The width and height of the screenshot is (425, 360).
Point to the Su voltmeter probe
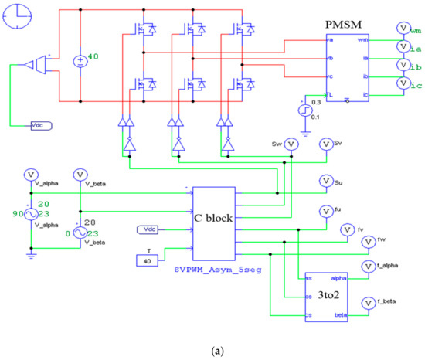coord(325,182)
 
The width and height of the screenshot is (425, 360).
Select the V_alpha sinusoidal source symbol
coord(31,212)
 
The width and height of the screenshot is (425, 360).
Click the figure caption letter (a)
coord(212,349)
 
